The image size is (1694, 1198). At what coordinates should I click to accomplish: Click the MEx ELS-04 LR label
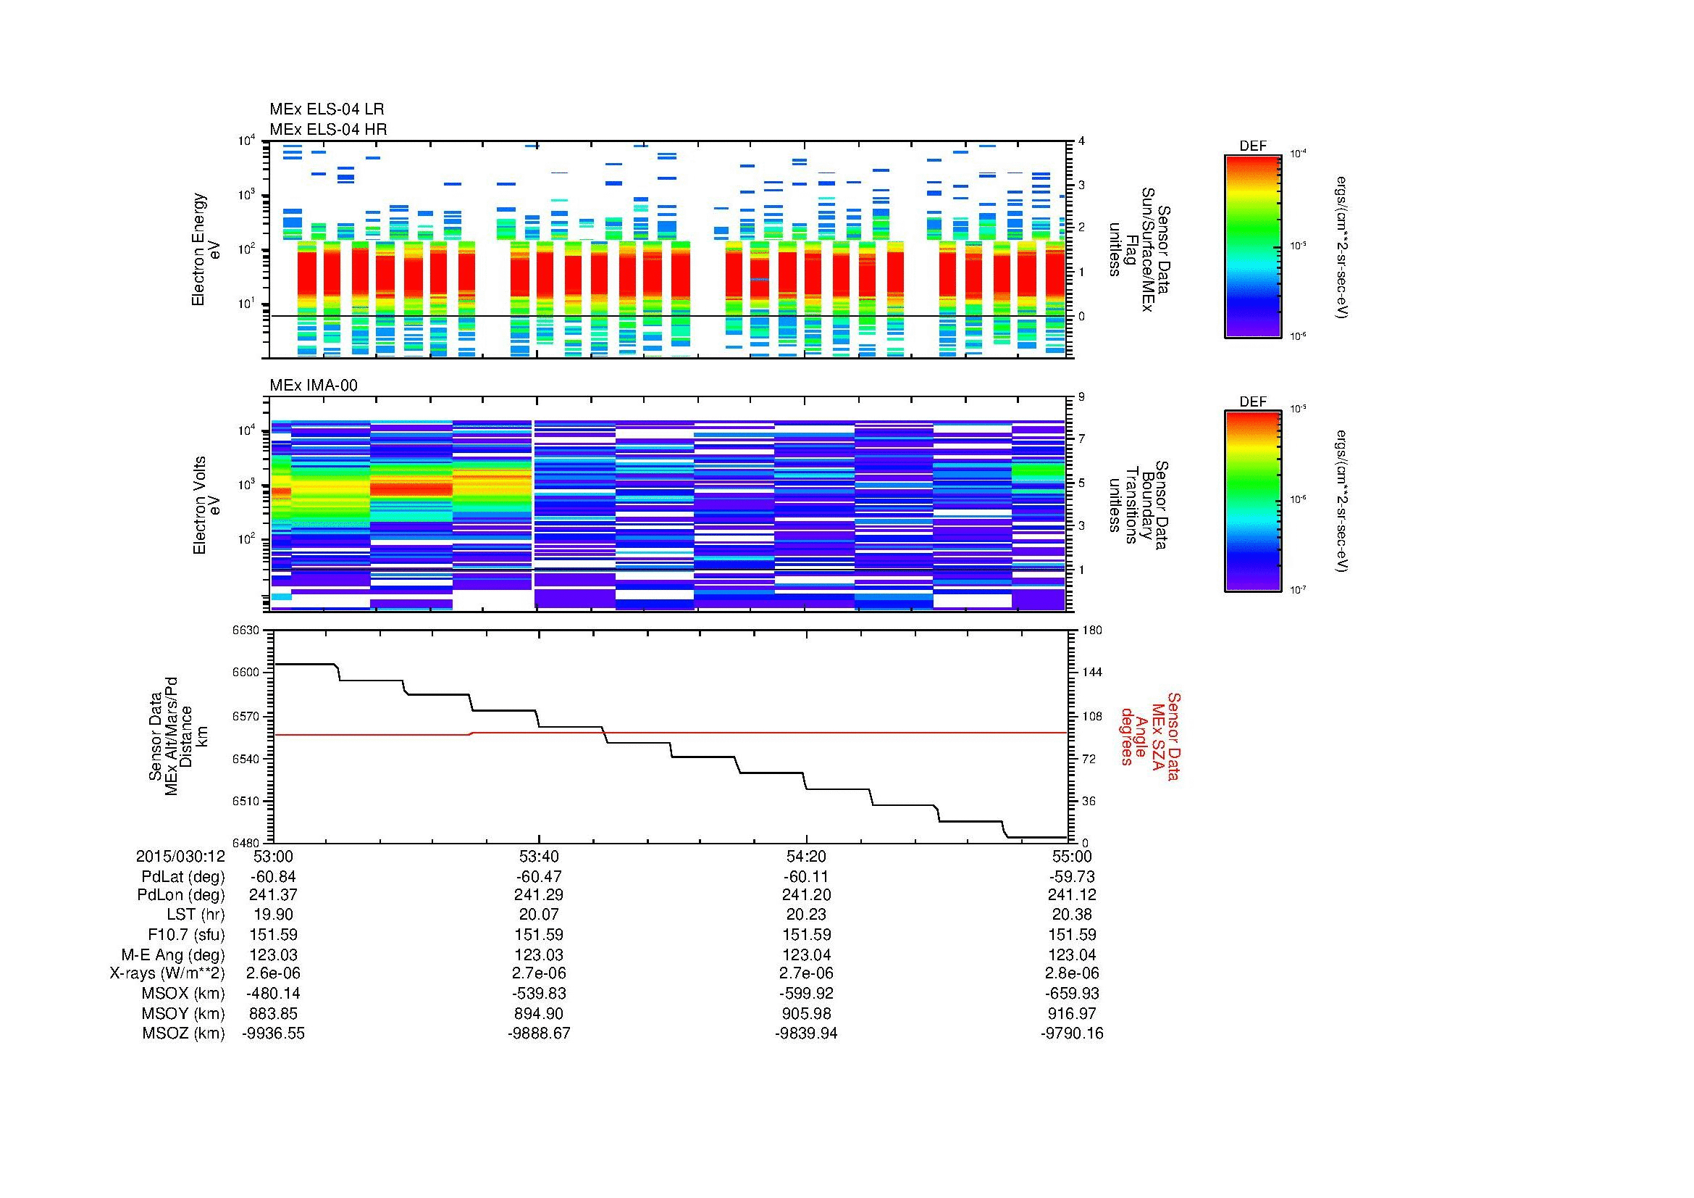326,109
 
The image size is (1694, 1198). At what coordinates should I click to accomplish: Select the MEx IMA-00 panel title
314,386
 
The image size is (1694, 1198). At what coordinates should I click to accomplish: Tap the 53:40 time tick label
539,856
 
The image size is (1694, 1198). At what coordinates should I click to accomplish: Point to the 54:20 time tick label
806,856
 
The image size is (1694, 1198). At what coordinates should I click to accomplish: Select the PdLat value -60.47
539,877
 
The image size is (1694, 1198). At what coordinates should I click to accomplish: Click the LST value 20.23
806,915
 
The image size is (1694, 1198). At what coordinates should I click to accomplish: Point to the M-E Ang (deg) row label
173,954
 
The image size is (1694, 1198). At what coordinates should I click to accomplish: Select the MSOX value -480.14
273,994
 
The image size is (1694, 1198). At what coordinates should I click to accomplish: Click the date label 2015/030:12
180,856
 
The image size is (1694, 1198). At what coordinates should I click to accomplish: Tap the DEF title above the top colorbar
1253,146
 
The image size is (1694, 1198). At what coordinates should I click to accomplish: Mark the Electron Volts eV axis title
207,505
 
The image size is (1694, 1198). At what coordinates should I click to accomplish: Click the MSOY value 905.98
806,1013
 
